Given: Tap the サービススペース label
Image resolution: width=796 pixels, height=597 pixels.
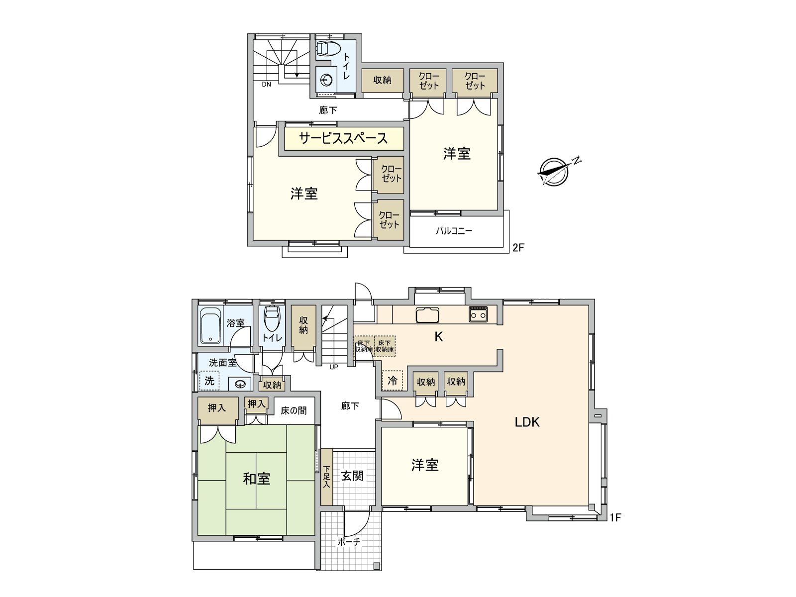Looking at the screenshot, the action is click(x=343, y=138).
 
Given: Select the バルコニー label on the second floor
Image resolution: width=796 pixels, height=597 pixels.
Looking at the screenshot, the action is click(x=454, y=231).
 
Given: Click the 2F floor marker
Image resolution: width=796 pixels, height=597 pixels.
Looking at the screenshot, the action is click(x=518, y=248).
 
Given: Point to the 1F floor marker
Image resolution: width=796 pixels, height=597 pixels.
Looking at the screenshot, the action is click(x=615, y=517).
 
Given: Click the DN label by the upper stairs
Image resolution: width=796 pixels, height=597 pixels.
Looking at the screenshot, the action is click(x=267, y=85).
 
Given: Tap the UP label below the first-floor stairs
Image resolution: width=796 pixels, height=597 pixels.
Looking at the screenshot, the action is click(x=334, y=367).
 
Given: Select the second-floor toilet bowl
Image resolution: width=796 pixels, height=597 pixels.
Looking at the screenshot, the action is click(x=327, y=49).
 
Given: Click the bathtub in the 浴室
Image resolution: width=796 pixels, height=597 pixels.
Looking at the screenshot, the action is click(x=210, y=325).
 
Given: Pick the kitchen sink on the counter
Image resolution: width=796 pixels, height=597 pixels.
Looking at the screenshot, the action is click(x=427, y=314).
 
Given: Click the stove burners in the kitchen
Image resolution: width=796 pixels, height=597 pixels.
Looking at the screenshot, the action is click(x=478, y=314).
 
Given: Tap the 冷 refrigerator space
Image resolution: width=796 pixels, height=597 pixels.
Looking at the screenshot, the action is click(x=393, y=380).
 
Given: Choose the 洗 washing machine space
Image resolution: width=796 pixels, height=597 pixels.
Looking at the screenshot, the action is click(x=209, y=381).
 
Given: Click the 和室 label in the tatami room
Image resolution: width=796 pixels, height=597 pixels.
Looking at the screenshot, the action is click(x=256, y=479).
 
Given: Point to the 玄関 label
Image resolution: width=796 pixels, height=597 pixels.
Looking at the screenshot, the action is click(x=352, y=476).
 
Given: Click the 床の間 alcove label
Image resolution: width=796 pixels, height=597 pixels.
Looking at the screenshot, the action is click(x=294, y=410).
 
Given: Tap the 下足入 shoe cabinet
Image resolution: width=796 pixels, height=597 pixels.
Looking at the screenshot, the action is click(x=326, y=477).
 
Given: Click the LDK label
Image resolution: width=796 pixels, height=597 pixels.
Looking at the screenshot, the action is click(x=527, y=422).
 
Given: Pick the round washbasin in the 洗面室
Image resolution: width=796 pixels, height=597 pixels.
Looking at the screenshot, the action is click(x=239, y=384).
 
